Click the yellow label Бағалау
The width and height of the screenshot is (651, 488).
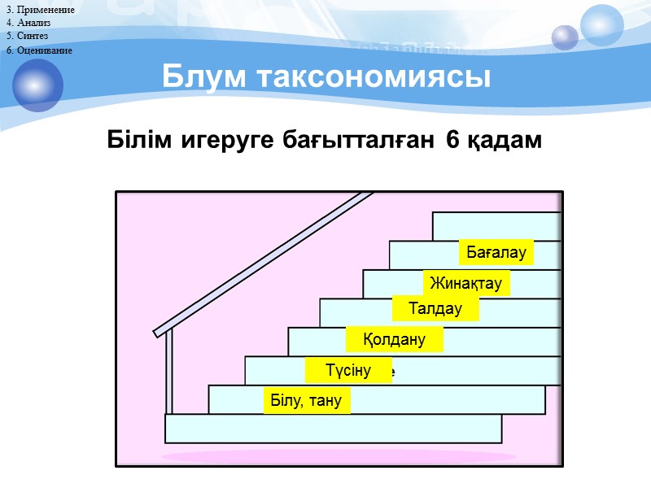pos(496,253)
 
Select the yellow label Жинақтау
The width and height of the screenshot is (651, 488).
pos(466,284)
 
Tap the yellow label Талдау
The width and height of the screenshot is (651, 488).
pos(435,309)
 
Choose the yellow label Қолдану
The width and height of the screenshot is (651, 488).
pos(395,339)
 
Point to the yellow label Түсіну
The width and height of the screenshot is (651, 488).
pos(348,371)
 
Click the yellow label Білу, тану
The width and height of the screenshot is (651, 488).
pos(306,401)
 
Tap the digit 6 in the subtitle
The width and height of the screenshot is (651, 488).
pos(452,140)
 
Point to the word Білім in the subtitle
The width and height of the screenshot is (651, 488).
pos(135,140)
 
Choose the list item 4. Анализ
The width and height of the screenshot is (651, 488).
pos(28,23)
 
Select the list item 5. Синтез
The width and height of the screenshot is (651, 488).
pos(27,37)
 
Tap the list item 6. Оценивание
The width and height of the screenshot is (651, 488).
pos(38,50)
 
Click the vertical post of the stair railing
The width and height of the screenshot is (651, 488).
pos(169,374)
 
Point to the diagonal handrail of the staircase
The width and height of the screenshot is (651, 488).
pos(269,260)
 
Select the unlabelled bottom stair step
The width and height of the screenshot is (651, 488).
pos(334,429)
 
